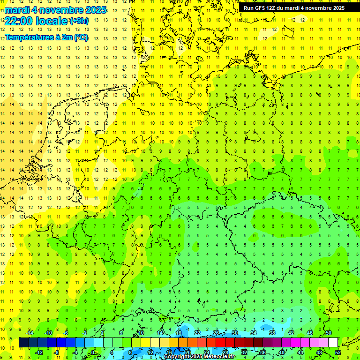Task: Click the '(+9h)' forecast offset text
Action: tap(78, 21)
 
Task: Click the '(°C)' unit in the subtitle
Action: tap(81, 37)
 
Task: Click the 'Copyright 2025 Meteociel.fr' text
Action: tap(200, 357)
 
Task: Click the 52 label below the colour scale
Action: tap(337, 352)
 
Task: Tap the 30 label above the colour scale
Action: tap(234, 333)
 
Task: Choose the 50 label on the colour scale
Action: tap(328, 333)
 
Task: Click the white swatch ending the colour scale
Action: tap(333, 343)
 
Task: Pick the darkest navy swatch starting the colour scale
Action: tap(23, 343)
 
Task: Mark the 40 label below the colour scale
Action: tap(281, 352)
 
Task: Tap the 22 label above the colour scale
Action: tap(197, 333)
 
